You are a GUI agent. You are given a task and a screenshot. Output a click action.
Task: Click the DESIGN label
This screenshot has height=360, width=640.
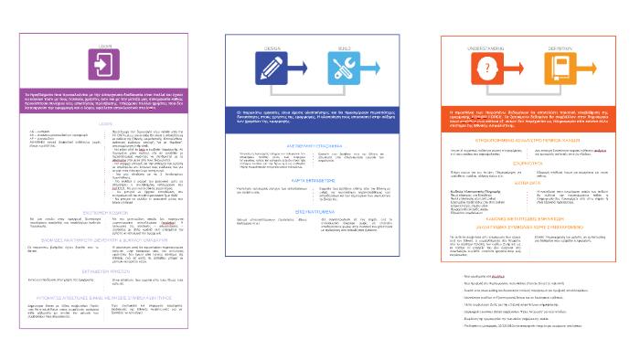(x=273, y=43)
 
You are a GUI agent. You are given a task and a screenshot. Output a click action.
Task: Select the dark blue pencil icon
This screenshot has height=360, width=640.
(x=273, y=67)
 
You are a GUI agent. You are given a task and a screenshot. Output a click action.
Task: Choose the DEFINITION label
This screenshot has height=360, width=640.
(x=567, y=42)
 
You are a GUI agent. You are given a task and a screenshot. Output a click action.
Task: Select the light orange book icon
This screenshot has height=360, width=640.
(x=567, y=69)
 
